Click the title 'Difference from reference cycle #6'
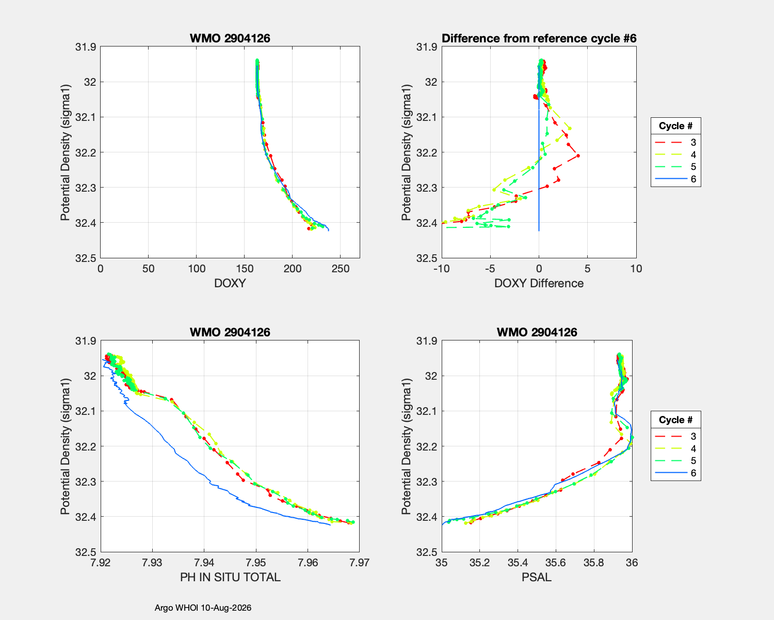pyautogui.click(x=539, y=38)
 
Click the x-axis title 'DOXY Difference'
pyautogui.click(x=539, y=283)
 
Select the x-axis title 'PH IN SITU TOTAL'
pyautogui.click(x=230, y=577)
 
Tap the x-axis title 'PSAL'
pyautogui.click(x=537, y=577)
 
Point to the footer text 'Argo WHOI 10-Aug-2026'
pyautogui.click(x=203, y=608)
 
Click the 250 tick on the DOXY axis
pyautogui.click(x=340, y=268)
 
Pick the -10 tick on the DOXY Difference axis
pyautogui.click(x=442, y=268)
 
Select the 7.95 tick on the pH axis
pyautogui.click(x=256, y=562)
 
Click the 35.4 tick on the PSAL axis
pyautogui.click(x=518, y=562)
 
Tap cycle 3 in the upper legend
pyautogui.click(x=675, y=142)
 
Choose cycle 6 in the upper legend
pyautogui.click(x=675, y=179)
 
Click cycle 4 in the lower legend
pyautogui.click(x=675, y=448)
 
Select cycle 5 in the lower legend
pyautogui.click(x=675, y=461)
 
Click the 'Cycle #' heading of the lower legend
pyautogui.click(x=675, y=420)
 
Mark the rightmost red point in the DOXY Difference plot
pyautogui.click(x=578, y=156)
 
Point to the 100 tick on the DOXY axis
pyautogui.click(x=197, y=268)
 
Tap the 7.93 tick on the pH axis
pyautogui.click(x=152, y=562)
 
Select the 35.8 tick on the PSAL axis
pyautogui.click(x=594, y=562)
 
